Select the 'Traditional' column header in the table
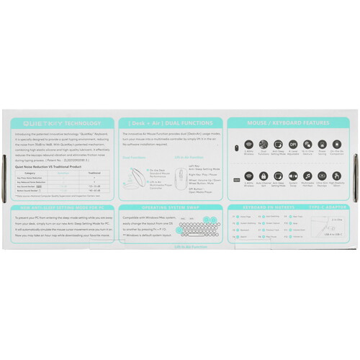pos(94,173)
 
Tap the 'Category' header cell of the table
pos(30,173)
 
